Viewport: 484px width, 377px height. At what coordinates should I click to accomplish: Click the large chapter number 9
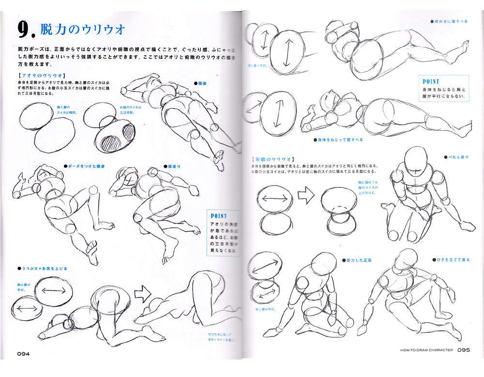pos(25,30)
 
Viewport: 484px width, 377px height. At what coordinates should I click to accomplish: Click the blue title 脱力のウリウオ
pos(83,30)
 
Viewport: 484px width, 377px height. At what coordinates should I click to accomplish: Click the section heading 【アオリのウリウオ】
pos(40,76)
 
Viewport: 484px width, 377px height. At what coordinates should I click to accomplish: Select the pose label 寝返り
pos(175,166)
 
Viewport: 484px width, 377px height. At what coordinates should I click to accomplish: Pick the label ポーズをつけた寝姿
pos(86,166)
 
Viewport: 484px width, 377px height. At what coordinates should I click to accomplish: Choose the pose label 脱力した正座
pos(358,260)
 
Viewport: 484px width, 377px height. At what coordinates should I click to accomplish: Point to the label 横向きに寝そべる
pos(451,22)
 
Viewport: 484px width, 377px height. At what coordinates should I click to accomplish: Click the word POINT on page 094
pos(219,216)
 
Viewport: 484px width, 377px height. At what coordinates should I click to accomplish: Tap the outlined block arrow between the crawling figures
pos(143,292)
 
